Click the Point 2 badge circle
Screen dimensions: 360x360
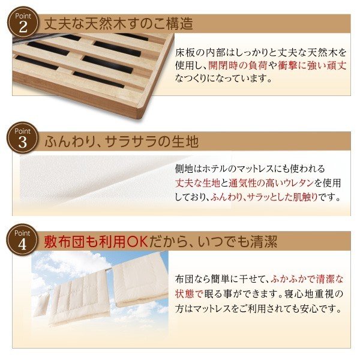[23, 22]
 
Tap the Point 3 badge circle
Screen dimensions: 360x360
[22, 137]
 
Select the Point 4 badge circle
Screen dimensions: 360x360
[22, 239]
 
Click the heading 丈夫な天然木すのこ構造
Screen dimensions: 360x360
[118, 24]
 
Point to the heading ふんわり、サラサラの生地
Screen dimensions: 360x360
[121, 141]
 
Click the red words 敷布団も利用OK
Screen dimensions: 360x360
[96, 242]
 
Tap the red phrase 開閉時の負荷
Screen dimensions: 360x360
[238, 65]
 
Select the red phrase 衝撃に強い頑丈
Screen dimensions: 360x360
[312, 65]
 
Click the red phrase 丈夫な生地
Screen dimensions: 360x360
[197, 183]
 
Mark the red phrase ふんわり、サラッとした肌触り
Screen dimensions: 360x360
[264, 197]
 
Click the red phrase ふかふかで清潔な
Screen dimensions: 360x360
[307, 279]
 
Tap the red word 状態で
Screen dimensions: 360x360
[189, 293]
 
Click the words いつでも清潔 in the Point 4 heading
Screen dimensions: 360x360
[237, 242]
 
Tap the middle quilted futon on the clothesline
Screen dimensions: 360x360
[79, 298]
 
